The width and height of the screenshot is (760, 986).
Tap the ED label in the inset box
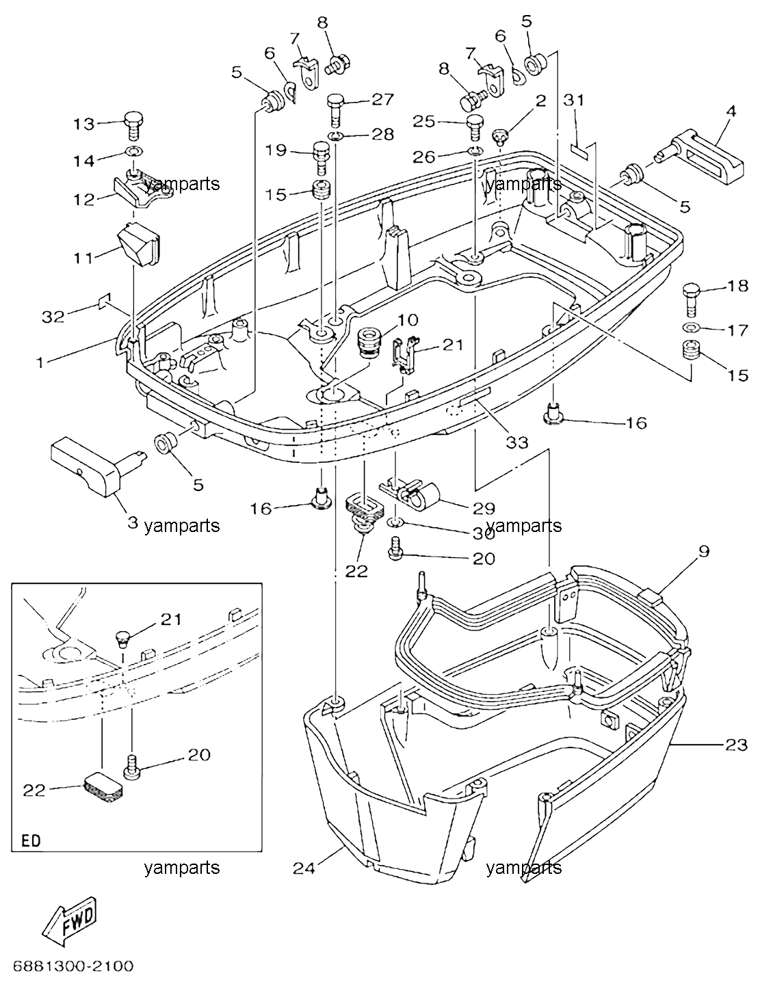(x=31, y=841)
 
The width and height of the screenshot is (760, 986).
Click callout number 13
(x=84, y=124)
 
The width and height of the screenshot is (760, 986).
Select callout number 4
(x=731, y=111)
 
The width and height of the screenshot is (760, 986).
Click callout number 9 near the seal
(x=704, y=552)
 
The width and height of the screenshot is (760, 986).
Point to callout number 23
(x=736, y=745)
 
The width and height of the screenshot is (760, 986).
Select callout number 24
(x=304, y=868)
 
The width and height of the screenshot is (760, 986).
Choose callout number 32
(x=53, y=317)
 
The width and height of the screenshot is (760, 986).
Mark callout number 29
(x=484, y=508)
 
